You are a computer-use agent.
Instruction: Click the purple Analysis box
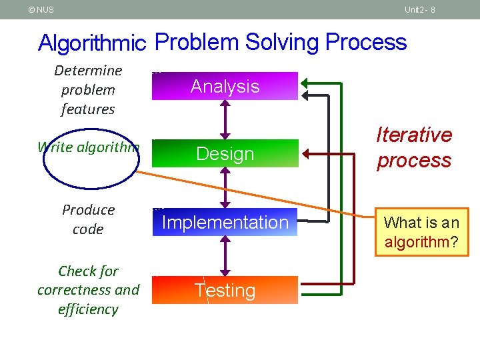tap(225, 86)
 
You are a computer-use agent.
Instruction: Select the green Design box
tap(225, 153)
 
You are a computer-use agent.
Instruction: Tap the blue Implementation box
tap(225, 222)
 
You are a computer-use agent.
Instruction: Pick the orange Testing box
tap(225, 290)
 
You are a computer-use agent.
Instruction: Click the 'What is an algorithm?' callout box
tap(421, 231)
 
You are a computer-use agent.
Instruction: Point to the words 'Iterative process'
tap(414, 147)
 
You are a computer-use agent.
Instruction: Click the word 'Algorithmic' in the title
tap(93, 43)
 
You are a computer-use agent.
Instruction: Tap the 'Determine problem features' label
tap(88, 89)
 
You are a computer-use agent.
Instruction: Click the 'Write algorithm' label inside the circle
tap(89, 147)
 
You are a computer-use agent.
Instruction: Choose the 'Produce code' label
tap(88, 219)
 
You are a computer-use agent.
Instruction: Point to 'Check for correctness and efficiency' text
tap(88, 290)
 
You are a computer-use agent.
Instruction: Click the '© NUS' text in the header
tap(41, 9)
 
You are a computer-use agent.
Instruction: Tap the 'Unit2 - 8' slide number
tap(419, 9)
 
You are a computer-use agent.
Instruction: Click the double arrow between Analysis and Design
tap(225, 119)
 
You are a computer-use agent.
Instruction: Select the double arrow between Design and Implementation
tap(225, 188)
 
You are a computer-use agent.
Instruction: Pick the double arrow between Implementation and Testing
tap(225, 256)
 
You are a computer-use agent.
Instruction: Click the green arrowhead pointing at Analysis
tap(305, 83)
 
